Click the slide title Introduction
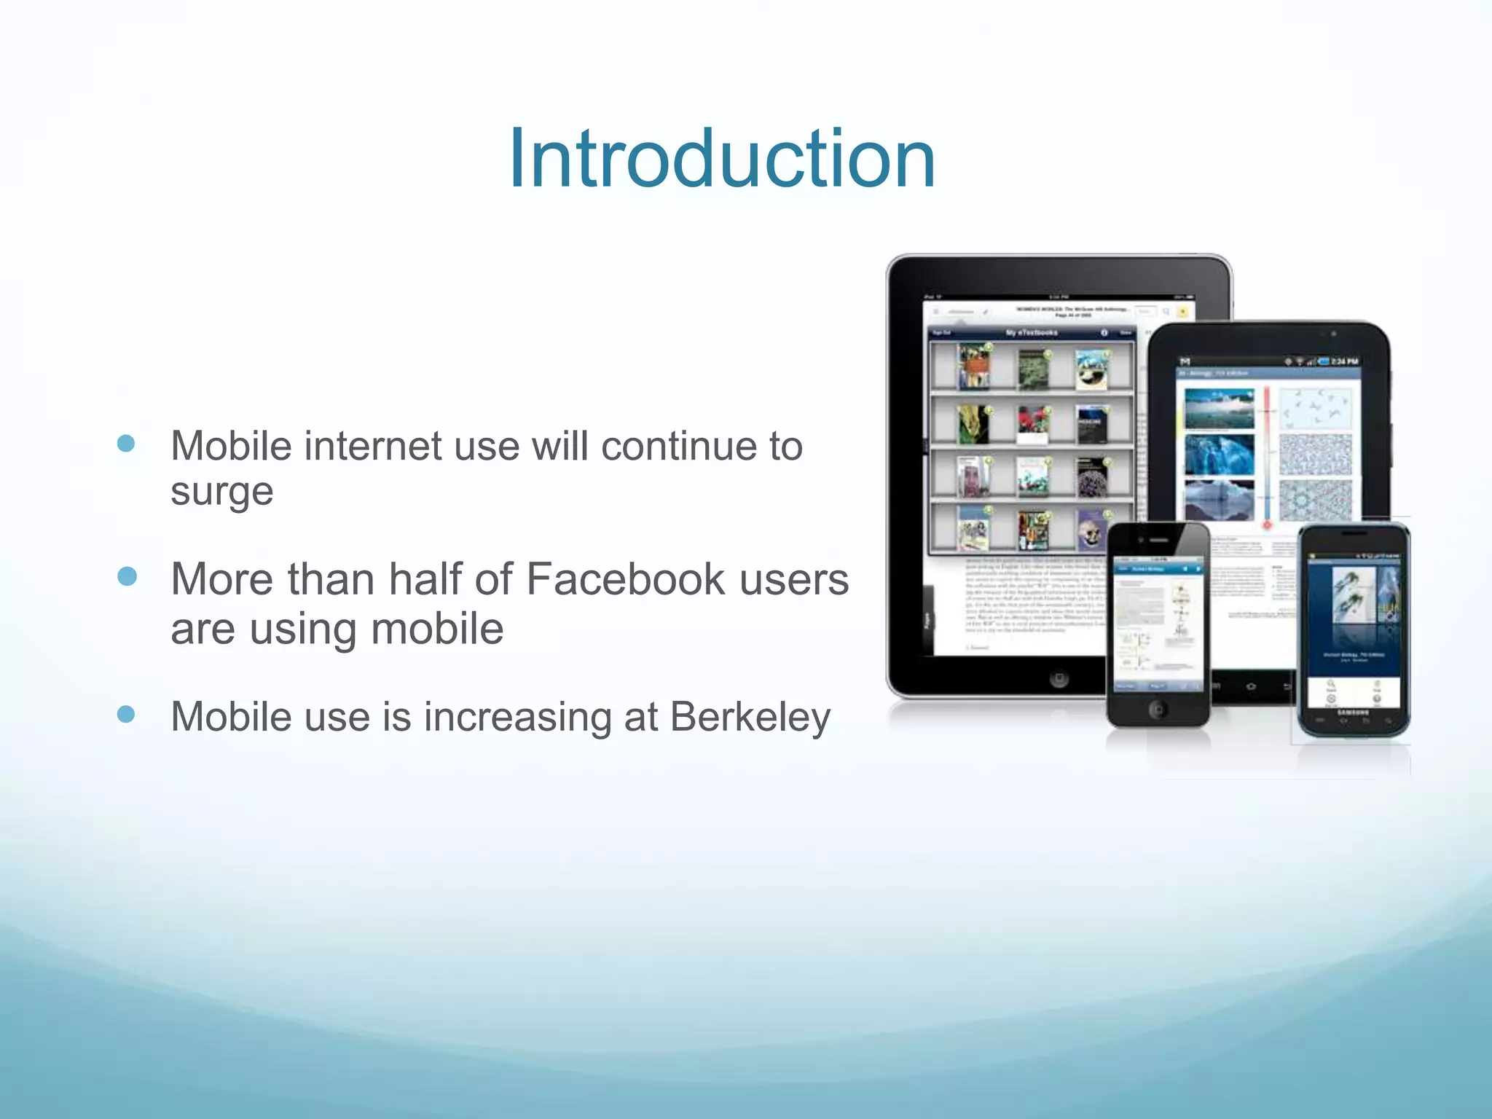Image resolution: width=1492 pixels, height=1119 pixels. point(721,159)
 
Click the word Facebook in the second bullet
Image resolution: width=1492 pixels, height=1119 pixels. point(626,580)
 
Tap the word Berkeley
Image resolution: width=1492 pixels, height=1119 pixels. point(750,717)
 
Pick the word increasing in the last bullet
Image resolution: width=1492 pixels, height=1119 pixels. point(518,718)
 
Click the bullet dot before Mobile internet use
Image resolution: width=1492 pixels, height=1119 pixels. point(126,444)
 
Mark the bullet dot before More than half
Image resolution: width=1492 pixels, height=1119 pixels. point(127,577)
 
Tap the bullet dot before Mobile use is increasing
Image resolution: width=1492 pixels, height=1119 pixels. point(126,714)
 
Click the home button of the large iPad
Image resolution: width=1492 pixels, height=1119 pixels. point(1059,679)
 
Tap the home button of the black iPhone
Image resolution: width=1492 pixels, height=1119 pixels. point(1157,708)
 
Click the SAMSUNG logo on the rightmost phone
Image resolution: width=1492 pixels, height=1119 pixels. point(1354,711)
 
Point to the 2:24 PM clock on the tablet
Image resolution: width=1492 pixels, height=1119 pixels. point(1344,361)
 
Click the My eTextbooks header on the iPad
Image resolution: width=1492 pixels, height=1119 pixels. point(1032,333)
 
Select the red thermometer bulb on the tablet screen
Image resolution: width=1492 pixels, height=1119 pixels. point(1268,525)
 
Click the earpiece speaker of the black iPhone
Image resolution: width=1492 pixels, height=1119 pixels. point(1158,541)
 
